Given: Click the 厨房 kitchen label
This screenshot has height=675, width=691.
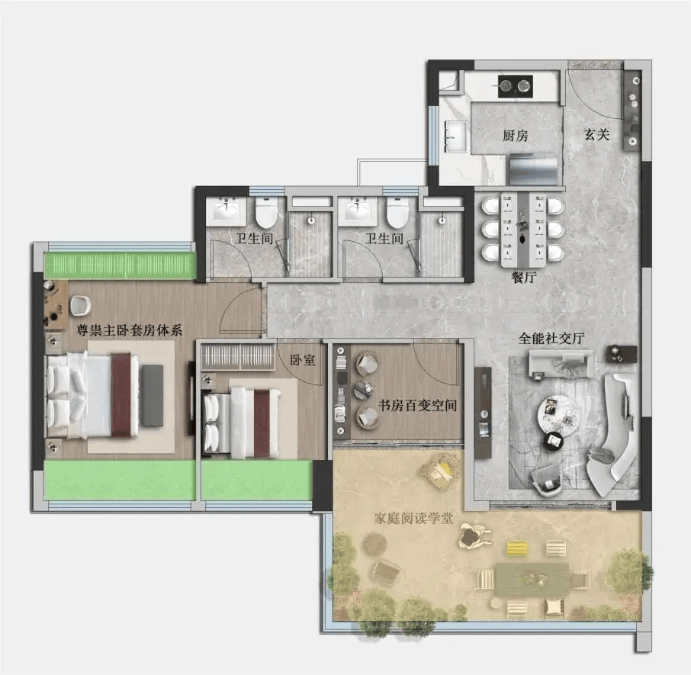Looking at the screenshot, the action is click(515, 135).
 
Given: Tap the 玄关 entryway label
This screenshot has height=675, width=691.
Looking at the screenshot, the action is click(596, 134).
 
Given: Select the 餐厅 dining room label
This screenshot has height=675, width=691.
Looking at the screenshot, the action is click(523, 277).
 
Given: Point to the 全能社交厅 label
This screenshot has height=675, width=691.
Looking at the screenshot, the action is click(551, 338).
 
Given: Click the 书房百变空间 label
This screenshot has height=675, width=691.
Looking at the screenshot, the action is click(417, 405).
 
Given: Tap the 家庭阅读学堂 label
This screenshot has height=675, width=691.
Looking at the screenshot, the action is click(413, 518).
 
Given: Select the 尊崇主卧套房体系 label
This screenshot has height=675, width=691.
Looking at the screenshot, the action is click(129, 330).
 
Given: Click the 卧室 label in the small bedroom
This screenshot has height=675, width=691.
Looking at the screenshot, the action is click(302, 360).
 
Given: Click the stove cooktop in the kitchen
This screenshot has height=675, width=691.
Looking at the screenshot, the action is click(515, 86).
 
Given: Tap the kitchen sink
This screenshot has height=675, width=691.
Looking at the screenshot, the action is click(455, 137).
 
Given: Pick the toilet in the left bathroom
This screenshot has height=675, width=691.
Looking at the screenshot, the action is click(267, 213).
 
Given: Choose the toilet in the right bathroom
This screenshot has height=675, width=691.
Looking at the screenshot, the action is click(397, 213).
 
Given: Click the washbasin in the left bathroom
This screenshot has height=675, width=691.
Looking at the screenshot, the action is click(226, 211).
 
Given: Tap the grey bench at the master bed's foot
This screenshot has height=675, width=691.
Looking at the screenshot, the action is click(153, 395).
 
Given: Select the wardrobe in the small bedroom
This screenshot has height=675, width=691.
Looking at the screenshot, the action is click(239, 356).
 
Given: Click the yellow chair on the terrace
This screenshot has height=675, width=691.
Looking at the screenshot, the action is click(517, 548).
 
